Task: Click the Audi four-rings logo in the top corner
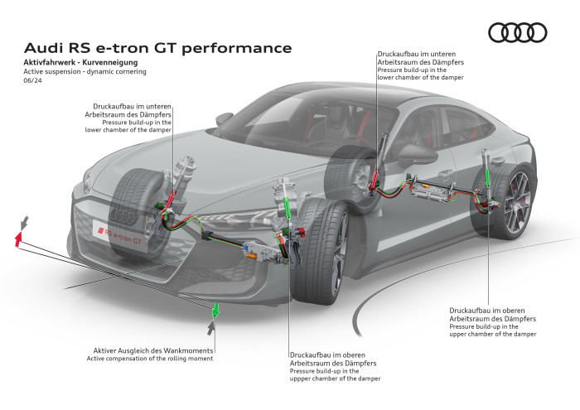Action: coord(517,32)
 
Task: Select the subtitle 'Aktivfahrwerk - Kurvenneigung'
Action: coord(80,63)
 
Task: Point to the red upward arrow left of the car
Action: coord(18,239)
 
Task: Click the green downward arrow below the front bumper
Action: coord(215,310)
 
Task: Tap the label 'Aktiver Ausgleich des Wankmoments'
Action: coord(149,350)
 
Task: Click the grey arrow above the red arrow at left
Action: coord(26,222)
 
